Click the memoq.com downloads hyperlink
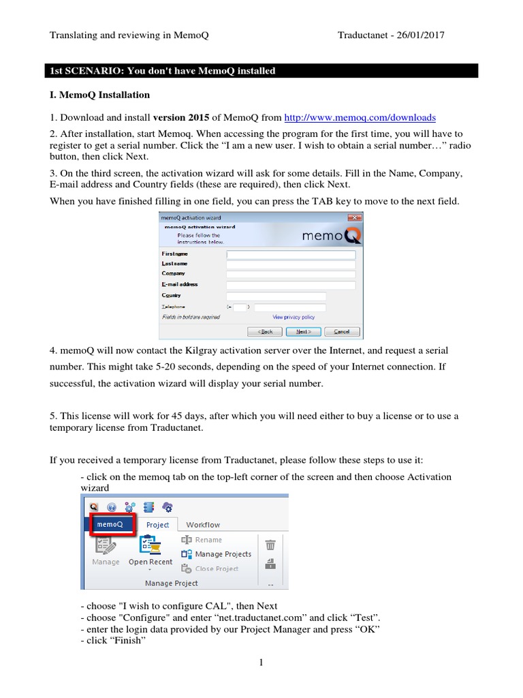tap(360, 117)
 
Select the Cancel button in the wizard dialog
tap(341, 331)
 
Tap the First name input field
tap(291, 254)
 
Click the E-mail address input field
tap(291, 285)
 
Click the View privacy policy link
tap(294, 317)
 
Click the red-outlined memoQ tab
tap(110, 524)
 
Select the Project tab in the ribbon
tap(158, 525)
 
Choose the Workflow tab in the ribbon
tap(203, 525)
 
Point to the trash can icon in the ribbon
tap(270, 545)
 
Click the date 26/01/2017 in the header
tap(418, 35)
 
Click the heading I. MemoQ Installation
tap(100, 95)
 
